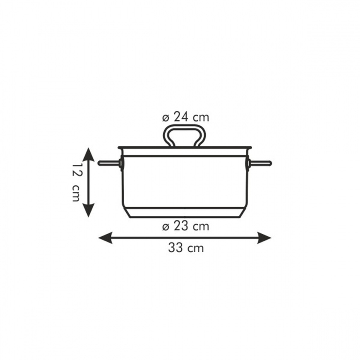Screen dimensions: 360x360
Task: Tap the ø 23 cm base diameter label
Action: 185,226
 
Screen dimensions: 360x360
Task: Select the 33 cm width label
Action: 186,248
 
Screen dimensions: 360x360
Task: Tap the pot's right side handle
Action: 259,163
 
